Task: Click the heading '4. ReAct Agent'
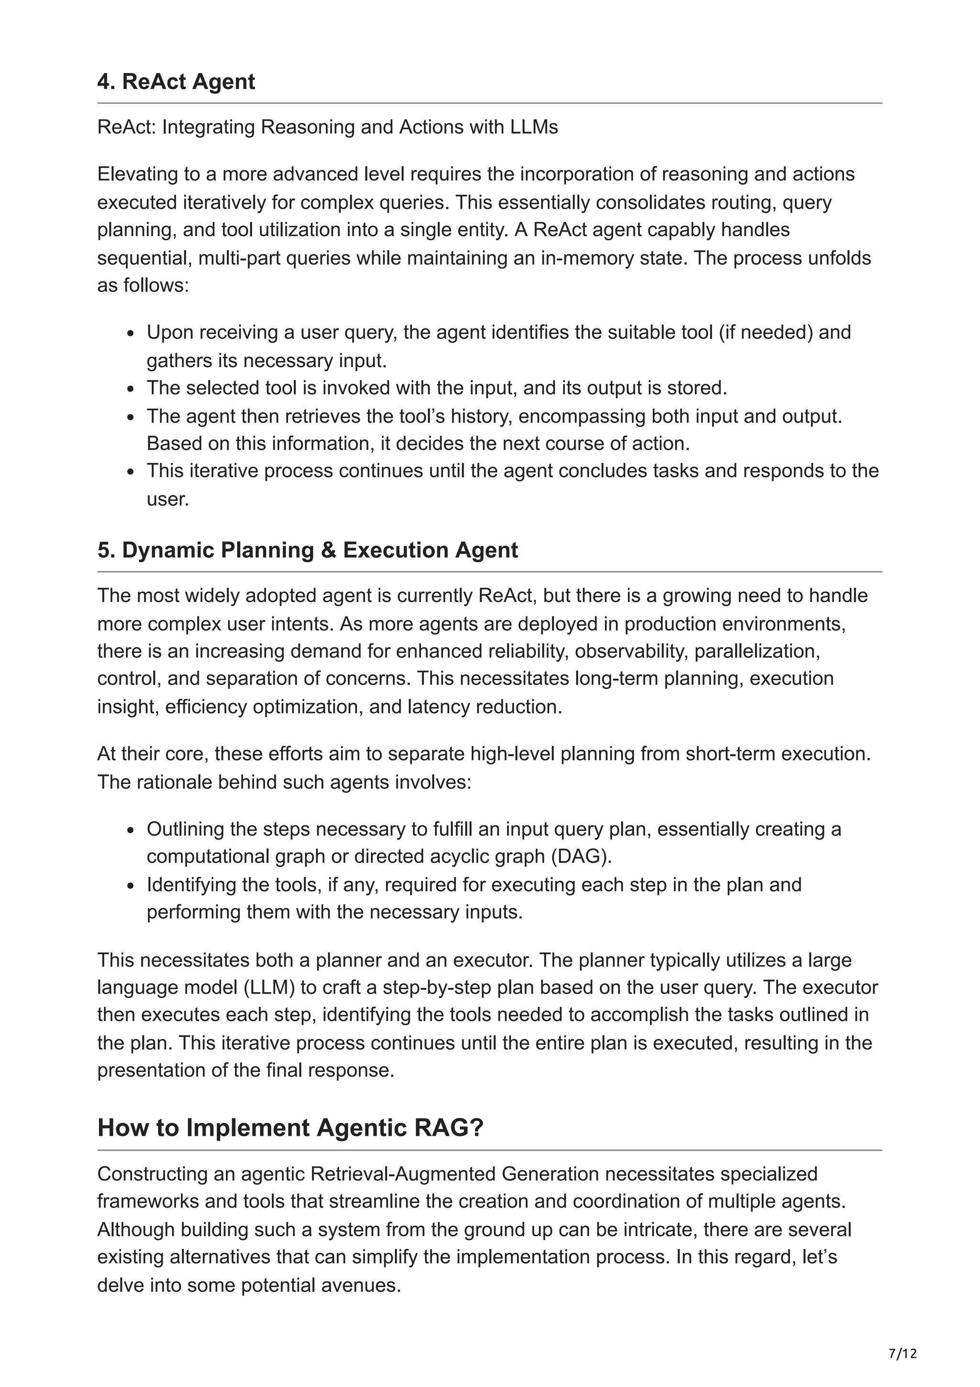[176, 81]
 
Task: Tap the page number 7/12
[902, 1354]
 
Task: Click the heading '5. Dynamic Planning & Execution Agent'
[307, 550]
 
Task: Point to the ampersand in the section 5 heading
[328, 550]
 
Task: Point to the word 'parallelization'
[757, 651]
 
